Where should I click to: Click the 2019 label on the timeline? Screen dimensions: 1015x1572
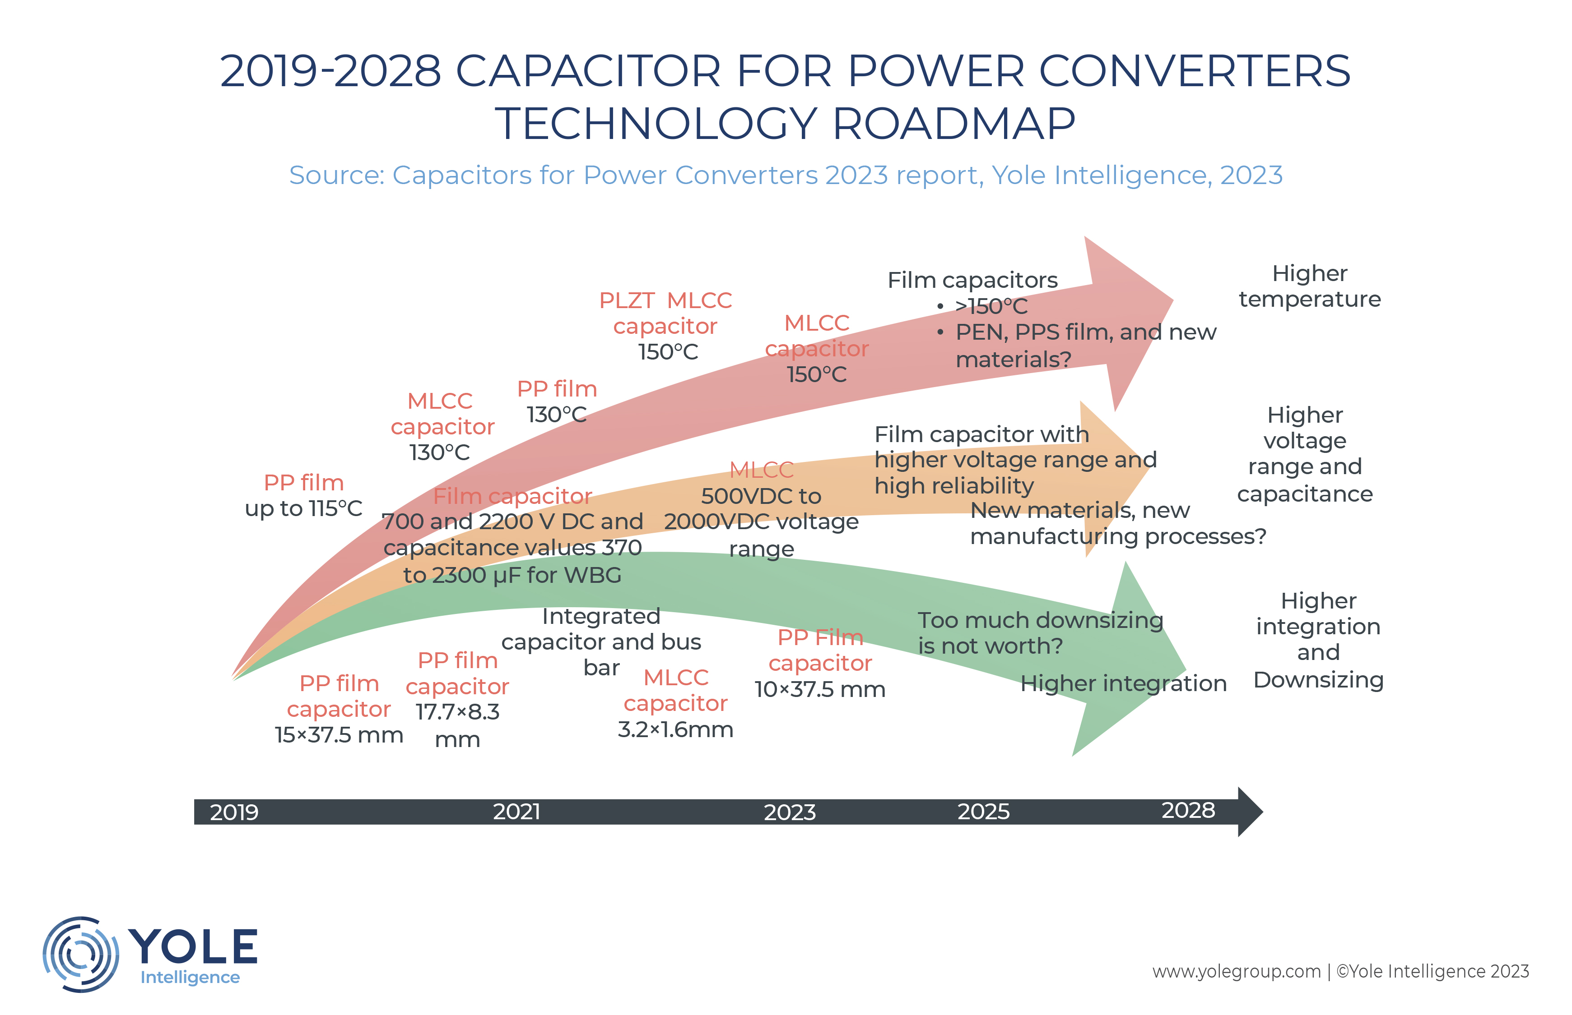234,812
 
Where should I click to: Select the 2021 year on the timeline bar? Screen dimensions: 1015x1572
516,812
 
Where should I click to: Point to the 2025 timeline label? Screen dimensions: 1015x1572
983,812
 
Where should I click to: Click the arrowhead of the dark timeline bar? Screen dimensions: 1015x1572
1250,812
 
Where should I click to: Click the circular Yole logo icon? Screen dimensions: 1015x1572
80,954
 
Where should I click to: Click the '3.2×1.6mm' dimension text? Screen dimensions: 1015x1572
675,729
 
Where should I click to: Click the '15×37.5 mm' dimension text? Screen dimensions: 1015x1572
339,735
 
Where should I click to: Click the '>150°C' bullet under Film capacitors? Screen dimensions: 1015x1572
991,306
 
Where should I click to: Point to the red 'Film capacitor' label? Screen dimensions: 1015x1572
512,496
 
